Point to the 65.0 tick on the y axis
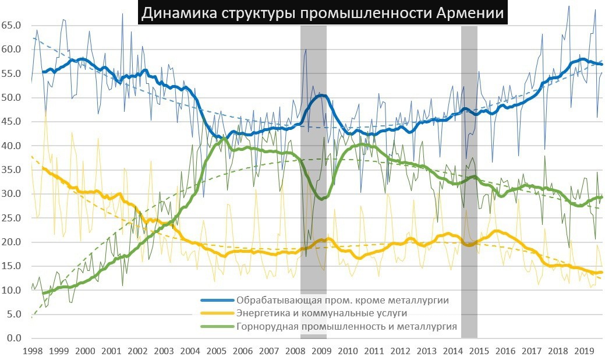12,26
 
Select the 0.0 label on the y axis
14,338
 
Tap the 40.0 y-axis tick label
12,146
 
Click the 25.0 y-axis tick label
12,218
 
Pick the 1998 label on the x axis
33,351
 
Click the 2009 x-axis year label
321,351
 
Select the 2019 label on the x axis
584,351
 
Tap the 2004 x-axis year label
190,351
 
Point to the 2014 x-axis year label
452,351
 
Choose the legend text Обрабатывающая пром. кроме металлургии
342,301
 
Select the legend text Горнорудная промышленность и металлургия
346,326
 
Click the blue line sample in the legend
217,301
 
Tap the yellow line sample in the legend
217,313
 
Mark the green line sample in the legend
217,326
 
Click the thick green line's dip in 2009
321,199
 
